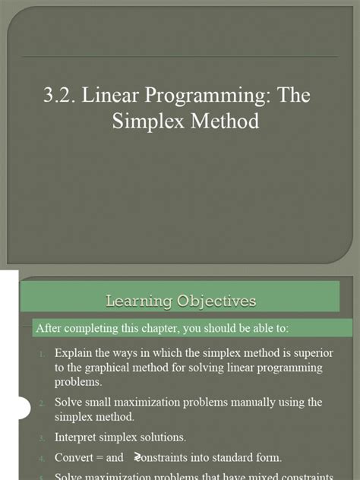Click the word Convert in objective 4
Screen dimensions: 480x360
(x=74, y=457)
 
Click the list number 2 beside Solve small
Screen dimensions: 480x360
(x=44, y=403)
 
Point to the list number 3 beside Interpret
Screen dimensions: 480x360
(x=44, y=437)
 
